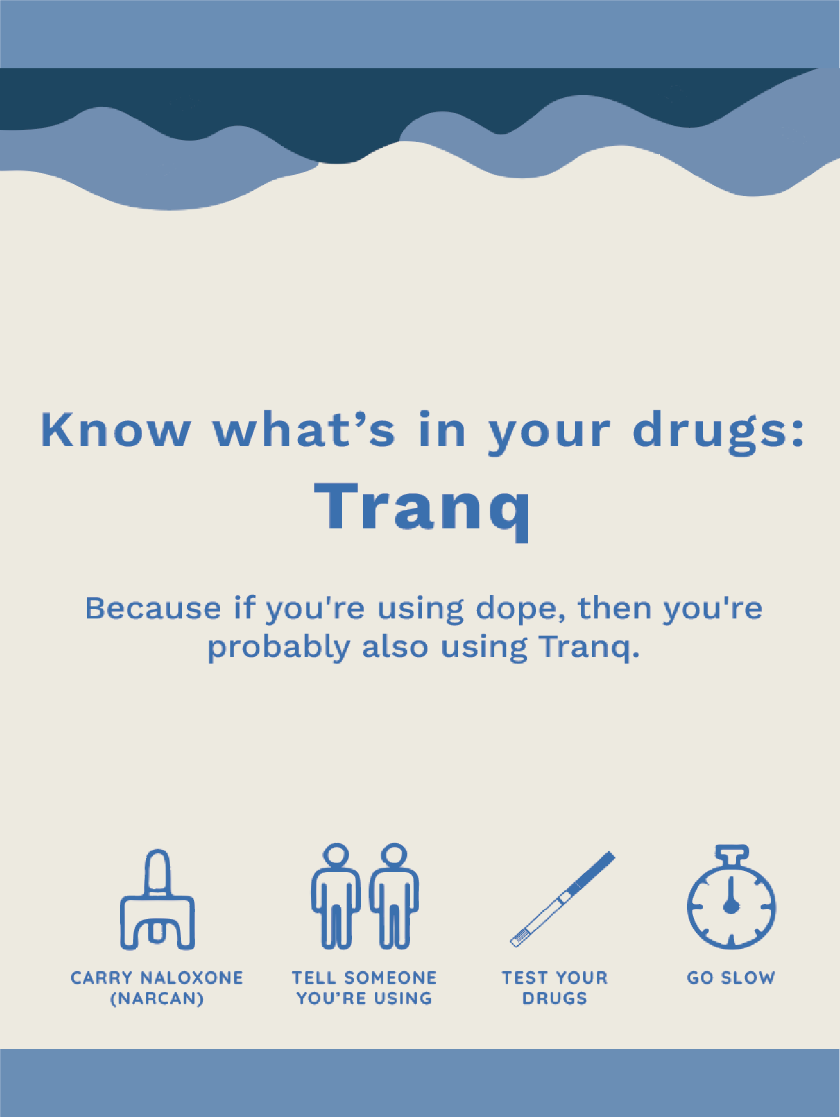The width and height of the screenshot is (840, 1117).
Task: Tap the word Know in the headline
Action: (115, 431)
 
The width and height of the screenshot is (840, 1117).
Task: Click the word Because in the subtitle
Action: (153, 608)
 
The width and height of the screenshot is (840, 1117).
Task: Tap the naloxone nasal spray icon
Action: (157, 901)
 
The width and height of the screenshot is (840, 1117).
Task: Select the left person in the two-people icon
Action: (336, 896)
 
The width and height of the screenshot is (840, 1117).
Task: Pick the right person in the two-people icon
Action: (394, 896)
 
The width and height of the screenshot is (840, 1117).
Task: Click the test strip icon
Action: (563, 899)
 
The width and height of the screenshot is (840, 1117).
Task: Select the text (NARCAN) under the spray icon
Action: (157, 999)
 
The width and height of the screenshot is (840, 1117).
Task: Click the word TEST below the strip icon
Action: (523, 978)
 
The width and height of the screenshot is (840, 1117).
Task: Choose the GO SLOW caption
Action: (731, 978)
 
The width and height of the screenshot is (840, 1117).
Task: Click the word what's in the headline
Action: (304, 431)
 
